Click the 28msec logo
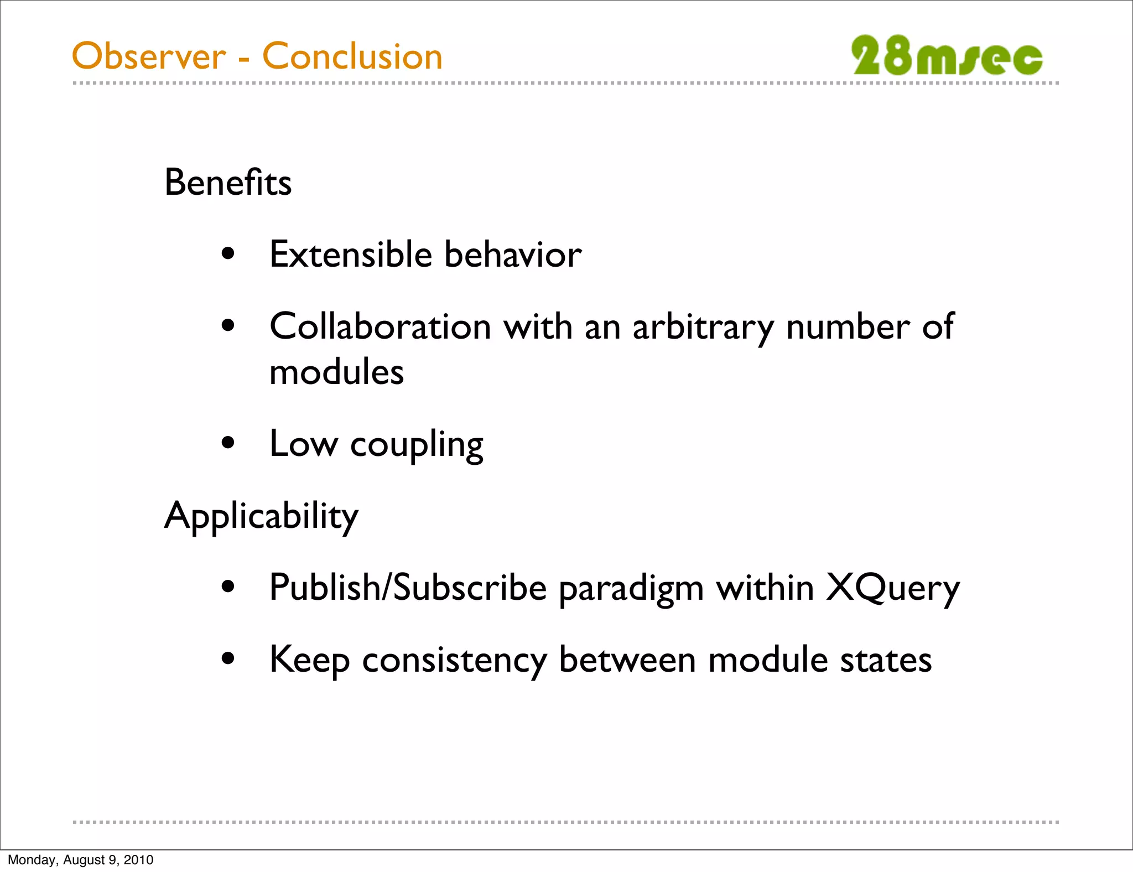[947, 55]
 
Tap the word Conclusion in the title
[352, 56]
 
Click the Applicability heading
[261, 516]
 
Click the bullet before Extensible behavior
[228, 255]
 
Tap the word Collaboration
[381, 326]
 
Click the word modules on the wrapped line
[336, 372]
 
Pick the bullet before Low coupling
[228, 443]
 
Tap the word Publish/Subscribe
[408, 588]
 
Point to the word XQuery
[893, 589]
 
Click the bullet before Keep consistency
[228, 659]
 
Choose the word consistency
[454, 661]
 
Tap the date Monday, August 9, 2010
[81, 860]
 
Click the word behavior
[513, 255]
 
